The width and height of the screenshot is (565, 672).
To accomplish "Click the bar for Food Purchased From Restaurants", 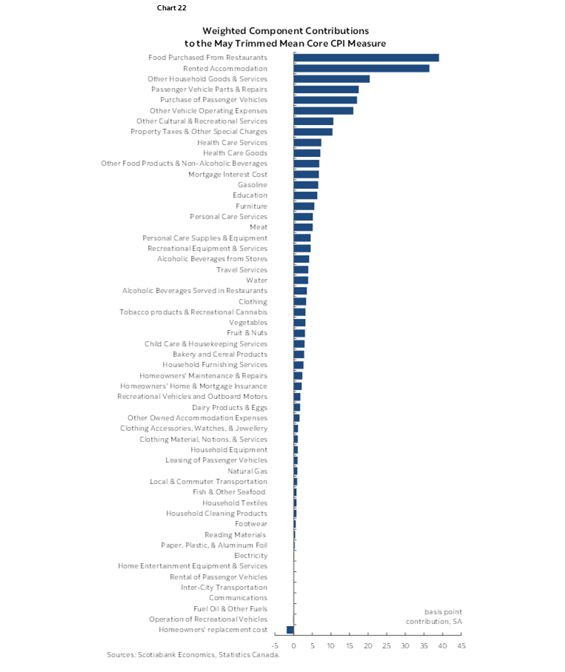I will [367, 58].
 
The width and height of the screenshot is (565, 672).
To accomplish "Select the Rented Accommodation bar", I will [361, 68].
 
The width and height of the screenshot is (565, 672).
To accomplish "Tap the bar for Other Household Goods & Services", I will [332, 78].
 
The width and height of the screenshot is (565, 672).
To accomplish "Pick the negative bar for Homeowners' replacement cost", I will [290, 630].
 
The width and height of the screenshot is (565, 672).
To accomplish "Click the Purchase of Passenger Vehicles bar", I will [325, 100].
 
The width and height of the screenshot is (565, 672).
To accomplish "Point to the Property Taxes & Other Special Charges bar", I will [313, 132].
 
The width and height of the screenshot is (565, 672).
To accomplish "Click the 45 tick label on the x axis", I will [461, 646].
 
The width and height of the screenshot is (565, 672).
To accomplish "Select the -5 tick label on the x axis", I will [275, 646].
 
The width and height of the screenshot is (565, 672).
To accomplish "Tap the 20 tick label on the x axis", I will [368, 646].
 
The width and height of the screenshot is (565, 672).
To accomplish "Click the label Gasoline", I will [253, 185].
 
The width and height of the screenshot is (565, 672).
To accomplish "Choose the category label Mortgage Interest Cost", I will [227, 174].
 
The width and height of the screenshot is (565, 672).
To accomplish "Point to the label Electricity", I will [250, 556].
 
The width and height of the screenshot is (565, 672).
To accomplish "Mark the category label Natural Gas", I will [247, 471].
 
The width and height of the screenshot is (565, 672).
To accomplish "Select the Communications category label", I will [238, 598].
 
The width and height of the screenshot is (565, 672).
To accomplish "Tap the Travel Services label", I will [241, 269].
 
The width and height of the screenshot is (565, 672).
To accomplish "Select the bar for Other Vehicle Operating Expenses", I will [324, 111].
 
